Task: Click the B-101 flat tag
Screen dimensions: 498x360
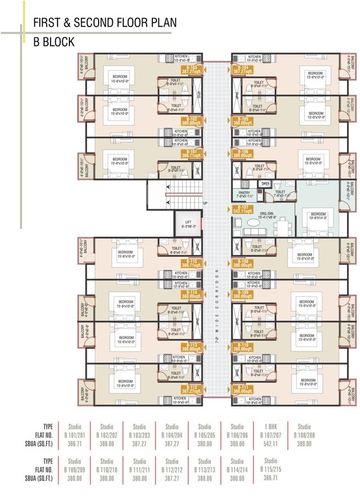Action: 191,155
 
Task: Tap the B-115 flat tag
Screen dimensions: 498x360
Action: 191,264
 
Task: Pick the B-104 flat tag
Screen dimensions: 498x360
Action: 242,69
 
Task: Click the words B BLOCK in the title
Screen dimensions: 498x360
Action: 54,42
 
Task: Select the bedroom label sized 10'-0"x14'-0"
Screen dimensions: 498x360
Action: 318,216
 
